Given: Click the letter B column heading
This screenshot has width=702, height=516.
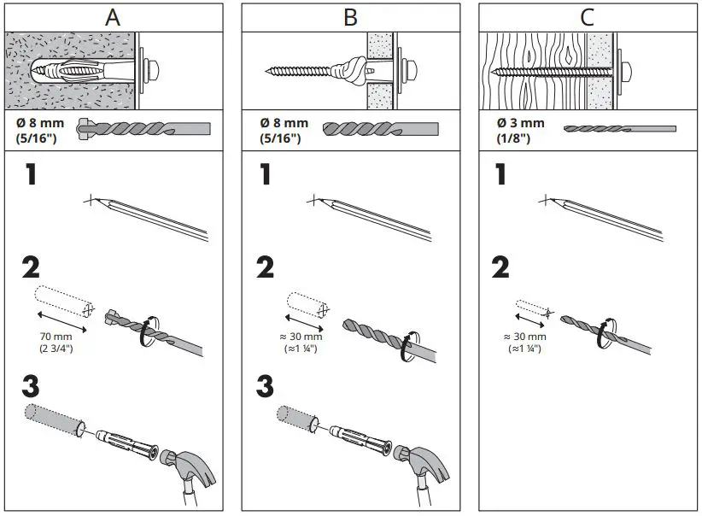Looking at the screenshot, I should (350, 17).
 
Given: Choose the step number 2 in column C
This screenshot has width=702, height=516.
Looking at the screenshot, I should (500, 267).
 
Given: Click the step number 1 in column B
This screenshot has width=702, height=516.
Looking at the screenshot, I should (266, 174).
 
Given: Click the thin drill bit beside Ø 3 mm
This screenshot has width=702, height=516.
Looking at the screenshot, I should (619, 129).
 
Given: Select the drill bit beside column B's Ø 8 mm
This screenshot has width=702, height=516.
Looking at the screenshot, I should (380, 129).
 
